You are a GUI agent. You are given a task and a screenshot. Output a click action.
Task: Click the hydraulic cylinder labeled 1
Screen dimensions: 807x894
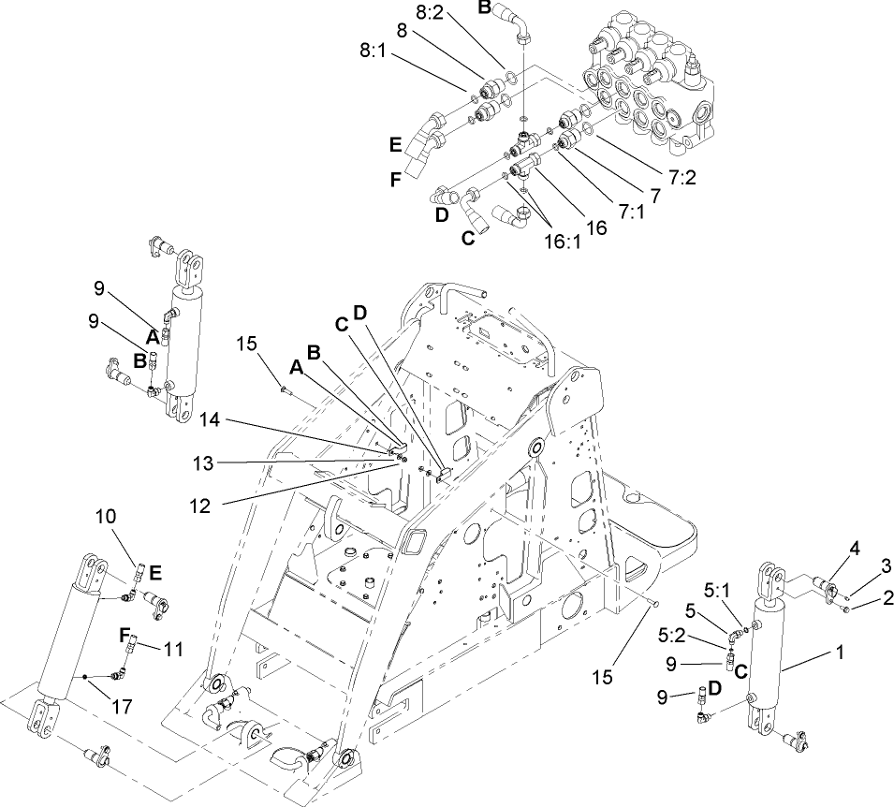(x=764, y=665)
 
